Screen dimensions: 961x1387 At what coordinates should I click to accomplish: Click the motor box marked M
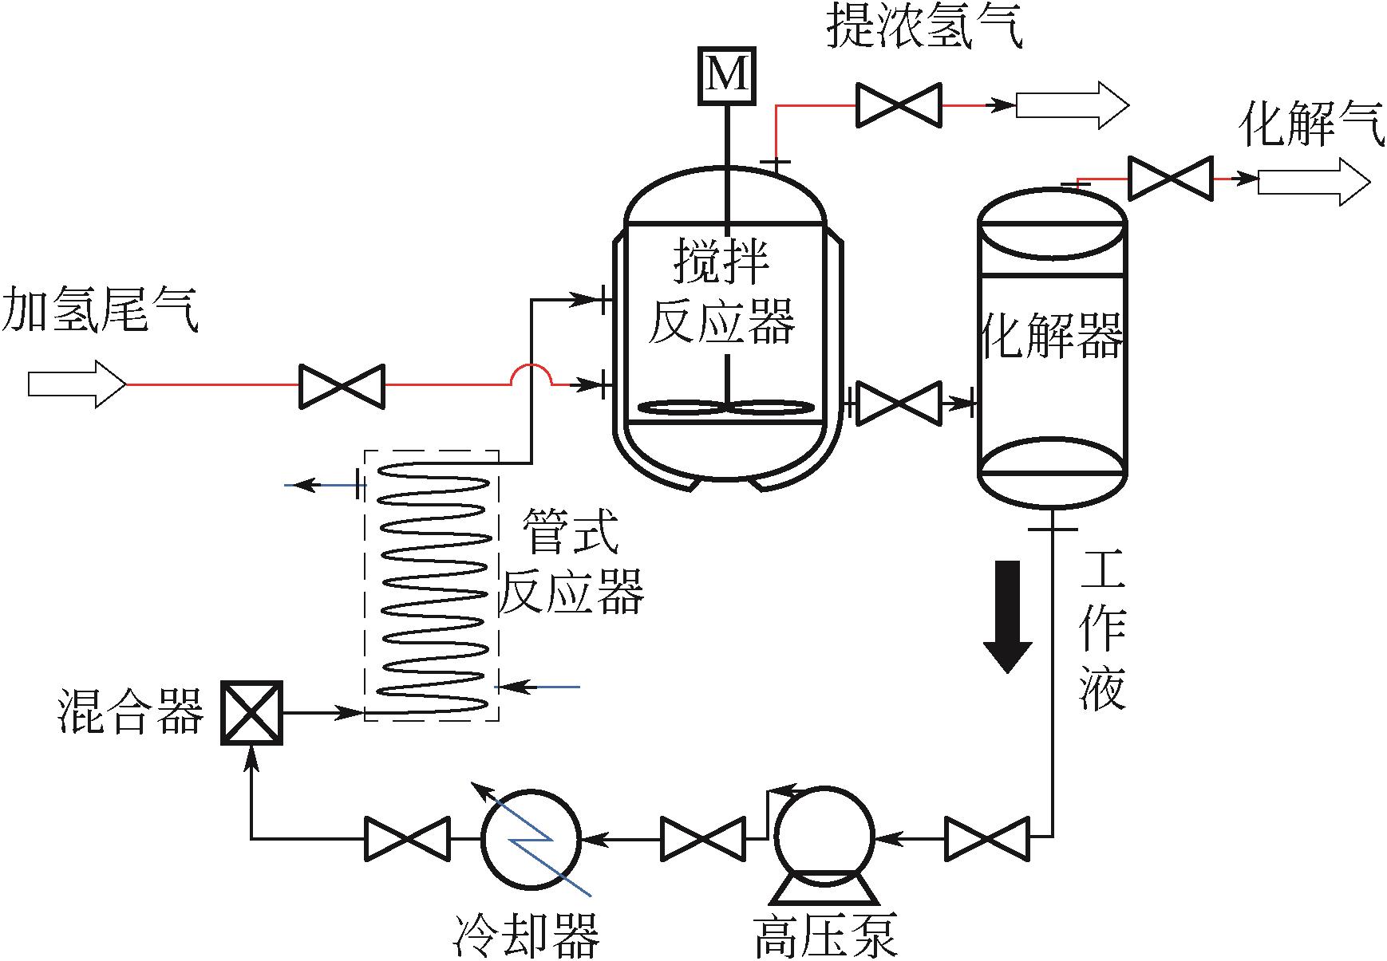[x=726, y=76]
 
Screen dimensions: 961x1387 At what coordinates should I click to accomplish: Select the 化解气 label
[x=1311, y=126]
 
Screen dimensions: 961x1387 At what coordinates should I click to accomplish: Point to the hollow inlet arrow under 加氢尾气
[x=77, y=384]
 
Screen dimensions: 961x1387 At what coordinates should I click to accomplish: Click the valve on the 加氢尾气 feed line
[x=342, y=386]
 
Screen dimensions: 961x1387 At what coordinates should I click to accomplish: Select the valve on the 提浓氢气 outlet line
[x=899, y=104]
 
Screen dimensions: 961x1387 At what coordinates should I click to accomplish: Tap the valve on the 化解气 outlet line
[x=1171, y=178]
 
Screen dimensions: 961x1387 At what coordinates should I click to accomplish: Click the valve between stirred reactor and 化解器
[x=899, y=404]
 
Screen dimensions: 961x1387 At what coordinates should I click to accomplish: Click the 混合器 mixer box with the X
[x=251, y=713]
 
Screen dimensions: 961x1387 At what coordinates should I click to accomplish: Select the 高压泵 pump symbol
[x=824, y=837]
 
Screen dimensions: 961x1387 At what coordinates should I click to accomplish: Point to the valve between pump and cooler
[x=703, y=838]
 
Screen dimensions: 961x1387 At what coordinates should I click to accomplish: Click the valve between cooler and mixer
[x=407, y=838]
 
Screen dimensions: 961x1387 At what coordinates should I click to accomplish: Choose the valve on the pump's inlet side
[x=987, y=838]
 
